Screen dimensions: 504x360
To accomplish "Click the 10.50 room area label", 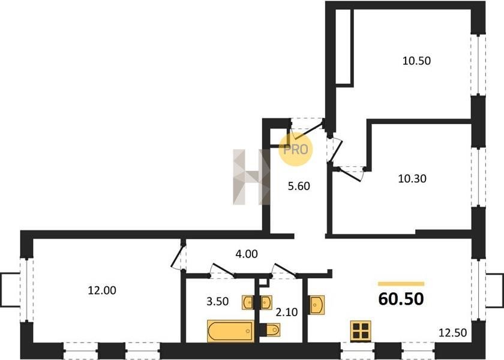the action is click(416, 61).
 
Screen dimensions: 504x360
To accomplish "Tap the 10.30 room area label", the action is click(412, 178).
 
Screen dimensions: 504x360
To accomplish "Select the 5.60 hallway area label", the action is click(299, 186).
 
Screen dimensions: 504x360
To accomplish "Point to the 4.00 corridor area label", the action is click(247, 254).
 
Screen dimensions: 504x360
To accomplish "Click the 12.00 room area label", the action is click(102, 290).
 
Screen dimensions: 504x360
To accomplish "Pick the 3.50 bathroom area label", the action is click(218, 301).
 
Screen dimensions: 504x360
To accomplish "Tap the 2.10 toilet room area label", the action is click(287, 312).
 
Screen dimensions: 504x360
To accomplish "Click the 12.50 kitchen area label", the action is click(453, 332).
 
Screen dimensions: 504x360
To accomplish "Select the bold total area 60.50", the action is click(401, 299).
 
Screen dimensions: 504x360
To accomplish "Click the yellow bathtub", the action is click(231, 331).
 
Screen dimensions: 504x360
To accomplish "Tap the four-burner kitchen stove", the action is click(361, 331).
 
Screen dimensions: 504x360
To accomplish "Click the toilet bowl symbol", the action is click(270, 329).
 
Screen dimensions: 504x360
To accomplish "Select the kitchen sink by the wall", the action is click(317, 304).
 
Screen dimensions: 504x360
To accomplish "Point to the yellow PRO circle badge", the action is click(295, 149).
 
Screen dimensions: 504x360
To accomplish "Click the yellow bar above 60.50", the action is click(401, 284).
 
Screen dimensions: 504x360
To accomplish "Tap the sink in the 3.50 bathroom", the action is click(248, 302).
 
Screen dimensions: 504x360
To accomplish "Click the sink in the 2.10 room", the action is click(266, 302).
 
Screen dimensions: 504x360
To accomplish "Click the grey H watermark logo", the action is click(251, 177).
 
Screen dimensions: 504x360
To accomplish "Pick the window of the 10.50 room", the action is click(478, 64).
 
